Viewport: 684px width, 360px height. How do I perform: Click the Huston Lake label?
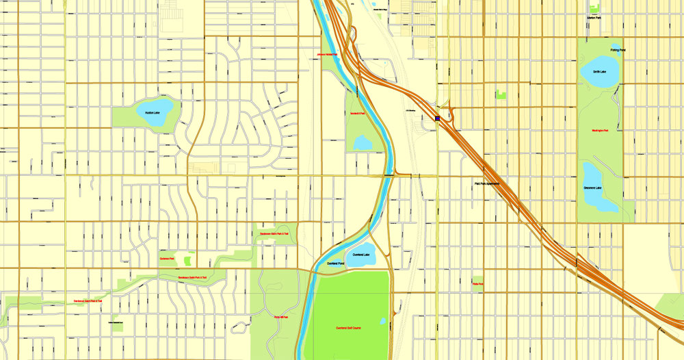(x=152, y=113)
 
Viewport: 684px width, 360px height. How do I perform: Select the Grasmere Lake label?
(x=593, y=188)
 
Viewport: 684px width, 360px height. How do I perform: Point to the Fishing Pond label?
(x=618, y=50)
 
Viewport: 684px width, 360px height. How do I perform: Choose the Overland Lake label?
(x=361, y=255)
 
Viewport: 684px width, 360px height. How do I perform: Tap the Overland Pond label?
(x=336, y=263)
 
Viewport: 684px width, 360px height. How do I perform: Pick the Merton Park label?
(x=594, y=18)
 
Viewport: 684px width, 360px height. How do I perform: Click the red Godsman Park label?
(x=168, y=259)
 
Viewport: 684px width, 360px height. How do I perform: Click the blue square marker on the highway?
(x=437, y=118)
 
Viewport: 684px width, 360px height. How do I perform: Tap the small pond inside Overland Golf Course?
(x=382, y=320)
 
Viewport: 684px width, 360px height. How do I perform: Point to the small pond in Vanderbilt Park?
(x=363, y=143)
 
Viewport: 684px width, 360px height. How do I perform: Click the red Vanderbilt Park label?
(x=358, y=114)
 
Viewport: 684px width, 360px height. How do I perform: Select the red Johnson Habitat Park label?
(x=328, y=54)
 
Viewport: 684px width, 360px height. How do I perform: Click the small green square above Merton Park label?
(x=594, y=9)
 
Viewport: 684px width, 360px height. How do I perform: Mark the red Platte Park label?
(x=477, y=283)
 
